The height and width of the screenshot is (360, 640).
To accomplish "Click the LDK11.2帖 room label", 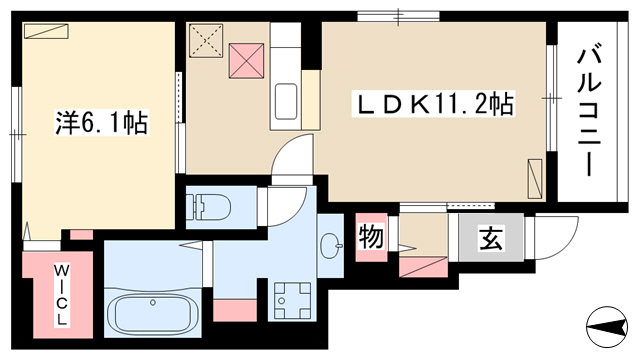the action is (x=433, y=104).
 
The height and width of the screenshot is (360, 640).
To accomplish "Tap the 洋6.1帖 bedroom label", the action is (x=102, y=122).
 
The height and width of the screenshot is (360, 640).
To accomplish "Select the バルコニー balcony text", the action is (x=589, y=112).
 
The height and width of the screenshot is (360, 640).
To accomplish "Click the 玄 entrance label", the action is (x=491, y=238).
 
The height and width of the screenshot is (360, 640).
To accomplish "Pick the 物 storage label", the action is (x=371, y=237).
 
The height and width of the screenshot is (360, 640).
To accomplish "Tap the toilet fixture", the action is (x=209, y=207).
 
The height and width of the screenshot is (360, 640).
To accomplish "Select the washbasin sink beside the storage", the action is (x=331, y=245).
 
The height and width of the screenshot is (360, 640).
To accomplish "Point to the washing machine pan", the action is (x=292, y=301).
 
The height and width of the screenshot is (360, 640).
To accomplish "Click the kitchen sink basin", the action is (x=286, y=101).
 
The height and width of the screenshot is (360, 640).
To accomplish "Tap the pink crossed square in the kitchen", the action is (x=246, y=61).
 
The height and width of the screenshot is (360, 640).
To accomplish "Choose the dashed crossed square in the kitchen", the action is (x=206, y=40).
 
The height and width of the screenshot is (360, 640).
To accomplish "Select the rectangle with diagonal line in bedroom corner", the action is (x=46, y=31).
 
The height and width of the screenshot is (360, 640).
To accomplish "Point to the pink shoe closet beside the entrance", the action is (x=423, y=267).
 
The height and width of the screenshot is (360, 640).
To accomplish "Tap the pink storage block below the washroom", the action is (x=235, y=310).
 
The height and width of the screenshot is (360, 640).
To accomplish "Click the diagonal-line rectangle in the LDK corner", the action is (x=535, y=179).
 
